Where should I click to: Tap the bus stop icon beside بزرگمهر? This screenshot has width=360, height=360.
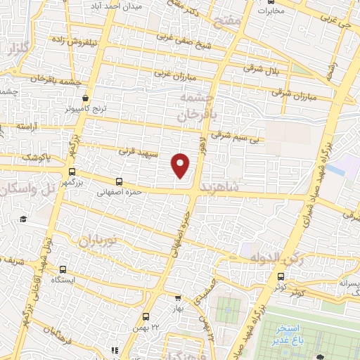pos(72,172)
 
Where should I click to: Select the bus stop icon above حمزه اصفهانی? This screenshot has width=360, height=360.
pos(119,181)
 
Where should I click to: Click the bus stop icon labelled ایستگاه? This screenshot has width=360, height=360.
pos(63,269)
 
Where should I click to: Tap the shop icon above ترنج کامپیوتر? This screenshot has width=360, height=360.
pos(85,98)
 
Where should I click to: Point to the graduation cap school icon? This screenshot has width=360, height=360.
pos(22,219)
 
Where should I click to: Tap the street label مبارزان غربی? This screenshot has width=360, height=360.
pos(172,72)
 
